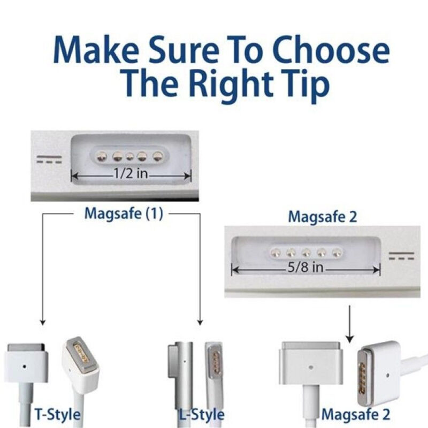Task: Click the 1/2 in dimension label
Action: [x=131, y=173]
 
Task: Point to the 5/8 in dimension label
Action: [x=305, y=267]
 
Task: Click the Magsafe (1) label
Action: [x=124, y=213]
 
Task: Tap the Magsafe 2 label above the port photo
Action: [x=323, y=217]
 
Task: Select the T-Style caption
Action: [x=57, y=414]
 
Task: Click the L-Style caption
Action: [x=202, y=414]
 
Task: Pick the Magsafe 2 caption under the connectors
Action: [x=356, y=414]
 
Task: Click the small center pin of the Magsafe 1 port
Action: [x=129, y=156]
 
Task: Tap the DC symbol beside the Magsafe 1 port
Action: [x=49, y=159]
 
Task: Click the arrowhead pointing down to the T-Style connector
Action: [x=43, y=322]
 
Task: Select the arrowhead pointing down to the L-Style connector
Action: [x=200, y=322]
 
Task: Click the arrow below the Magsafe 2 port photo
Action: [x=350, y=324]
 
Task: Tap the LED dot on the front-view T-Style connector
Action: [x=25, y=366]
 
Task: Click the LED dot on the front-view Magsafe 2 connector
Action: [x=310, y=367]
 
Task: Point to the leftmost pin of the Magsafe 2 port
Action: [x=276, y=253]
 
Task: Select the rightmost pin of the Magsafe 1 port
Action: [x=157, y=156]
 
